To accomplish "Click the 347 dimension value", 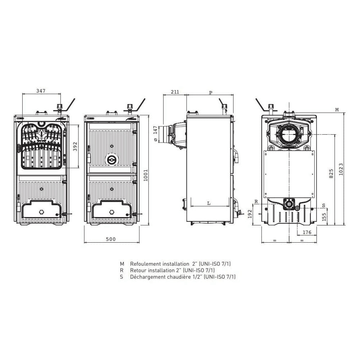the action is tap(41, 91).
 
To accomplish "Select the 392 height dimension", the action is tap(75, 147).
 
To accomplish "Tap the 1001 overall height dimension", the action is tap(145, 175).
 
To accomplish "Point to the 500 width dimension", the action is tap(111, 239).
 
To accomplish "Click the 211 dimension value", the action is tap(175, 92).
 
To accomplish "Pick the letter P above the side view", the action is tap(211, 93).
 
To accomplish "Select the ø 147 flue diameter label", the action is tap(156, 134).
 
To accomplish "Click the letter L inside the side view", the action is tap(209, 203).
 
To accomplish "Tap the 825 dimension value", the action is tap(331, 174).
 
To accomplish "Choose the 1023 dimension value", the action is tap(341, 169).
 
